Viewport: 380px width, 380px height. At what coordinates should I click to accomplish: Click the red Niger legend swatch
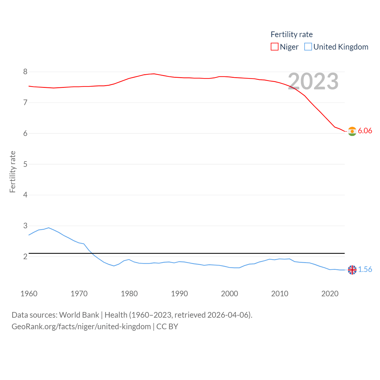(x=274, y=47)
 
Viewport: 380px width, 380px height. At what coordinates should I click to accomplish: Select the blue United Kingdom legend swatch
(x=308, y=47)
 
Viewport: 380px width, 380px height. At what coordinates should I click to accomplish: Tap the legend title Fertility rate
(x=292, y=34)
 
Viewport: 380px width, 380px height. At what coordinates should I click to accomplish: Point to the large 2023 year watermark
(x=313, y=81)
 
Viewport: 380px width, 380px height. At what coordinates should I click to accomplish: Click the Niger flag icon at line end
(x=352, y=131)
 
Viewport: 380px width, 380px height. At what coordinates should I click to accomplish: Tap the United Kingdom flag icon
(x=352, y=270)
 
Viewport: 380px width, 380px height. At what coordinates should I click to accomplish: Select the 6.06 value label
(x=365, y=131)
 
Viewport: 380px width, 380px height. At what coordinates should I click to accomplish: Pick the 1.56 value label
(x=365, y=270)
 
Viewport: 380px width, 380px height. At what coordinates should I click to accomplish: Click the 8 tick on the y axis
(x=25, y=72)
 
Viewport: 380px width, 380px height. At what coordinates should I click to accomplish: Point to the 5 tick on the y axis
(x=25, y=164)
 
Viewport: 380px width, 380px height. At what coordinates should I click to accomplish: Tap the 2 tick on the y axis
(x=25, y=256)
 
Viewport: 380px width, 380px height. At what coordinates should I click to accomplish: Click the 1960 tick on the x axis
(x=29, y=294)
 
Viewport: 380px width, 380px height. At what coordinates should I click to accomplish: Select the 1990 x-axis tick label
(x=179, y=294)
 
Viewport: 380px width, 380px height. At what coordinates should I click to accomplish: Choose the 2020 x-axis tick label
(x=330, y=294)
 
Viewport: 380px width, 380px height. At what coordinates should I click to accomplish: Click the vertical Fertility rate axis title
(x=12, y=172)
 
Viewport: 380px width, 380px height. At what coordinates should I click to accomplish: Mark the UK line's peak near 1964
(x=49, y=228)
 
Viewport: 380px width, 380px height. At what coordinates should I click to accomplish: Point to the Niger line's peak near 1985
(x=154, y=74)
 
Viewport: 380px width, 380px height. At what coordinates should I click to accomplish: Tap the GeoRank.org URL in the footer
(x=81, y=327)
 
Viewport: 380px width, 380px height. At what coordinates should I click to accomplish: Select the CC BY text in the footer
(x=167, y=327)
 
